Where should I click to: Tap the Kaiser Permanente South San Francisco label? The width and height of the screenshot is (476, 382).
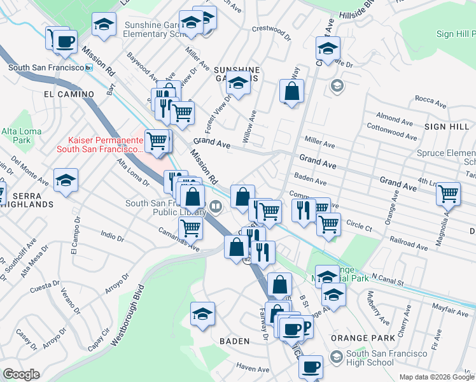(x=99, y=145)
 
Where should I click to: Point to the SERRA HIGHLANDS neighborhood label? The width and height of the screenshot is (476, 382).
(x=25, y=204)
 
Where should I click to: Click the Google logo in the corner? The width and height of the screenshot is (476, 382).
(x=21, y=374)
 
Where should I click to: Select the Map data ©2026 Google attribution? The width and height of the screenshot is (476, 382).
(x=437, y=377)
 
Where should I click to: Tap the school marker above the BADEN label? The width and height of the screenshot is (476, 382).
(x=202, y=314)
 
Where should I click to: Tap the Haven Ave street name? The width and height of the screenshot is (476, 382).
(x=253, y=369)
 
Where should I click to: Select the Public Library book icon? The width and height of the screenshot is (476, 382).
(x=216, y=206)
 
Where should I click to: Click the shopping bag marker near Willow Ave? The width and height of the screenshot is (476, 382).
(x=291, y=91)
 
